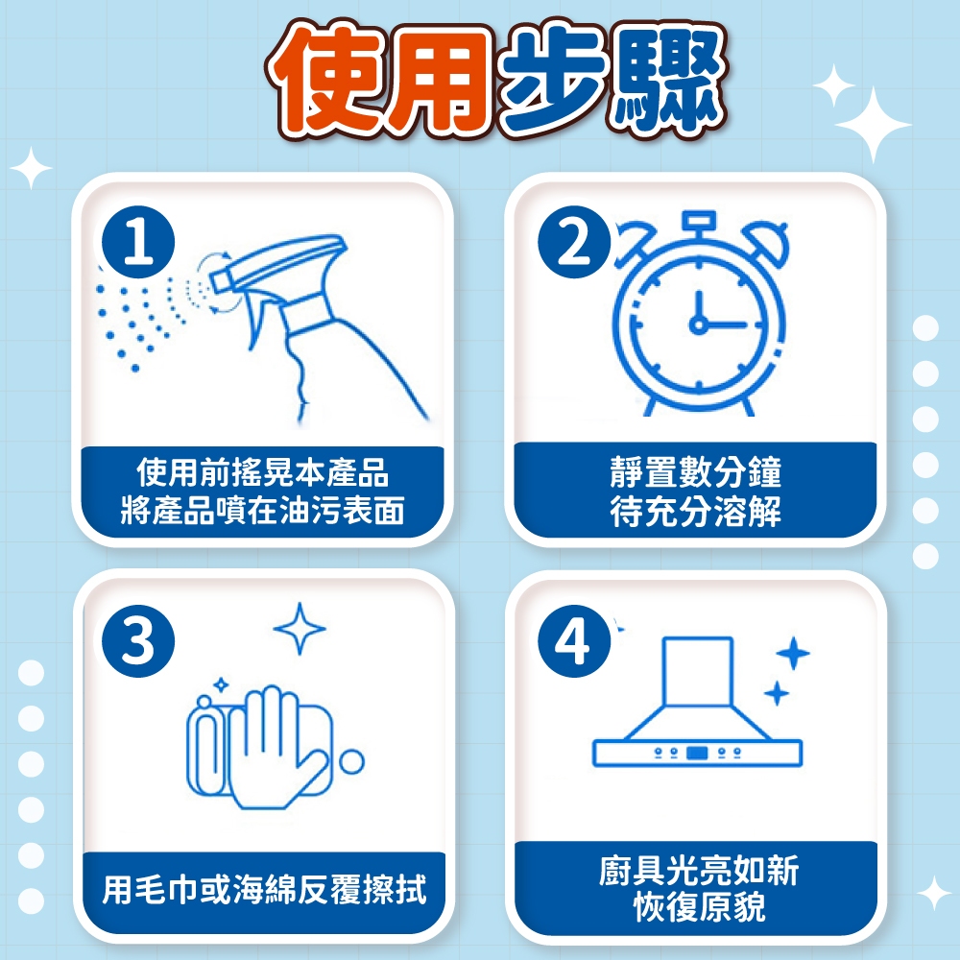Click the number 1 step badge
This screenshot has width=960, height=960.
pos(138,243)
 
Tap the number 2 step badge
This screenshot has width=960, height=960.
pos(574,243)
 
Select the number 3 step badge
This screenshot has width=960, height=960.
pos(138,641)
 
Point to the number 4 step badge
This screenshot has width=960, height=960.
pos(574,641)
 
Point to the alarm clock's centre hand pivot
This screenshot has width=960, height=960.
pos(698,324)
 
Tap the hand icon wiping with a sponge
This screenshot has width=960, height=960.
pos(270,747)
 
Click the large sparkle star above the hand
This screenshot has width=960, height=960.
pos(300,628)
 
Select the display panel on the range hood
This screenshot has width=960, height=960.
pos(697,753)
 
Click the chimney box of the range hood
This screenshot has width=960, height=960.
pos(698,672)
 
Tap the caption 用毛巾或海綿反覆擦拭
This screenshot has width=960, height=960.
pos(264,889)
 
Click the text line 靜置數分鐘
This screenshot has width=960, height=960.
pos(695,471)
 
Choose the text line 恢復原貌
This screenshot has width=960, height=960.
pos(699,907)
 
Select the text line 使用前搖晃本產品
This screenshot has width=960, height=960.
pos(263,471)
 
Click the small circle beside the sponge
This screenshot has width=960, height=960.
pos(352,761)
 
